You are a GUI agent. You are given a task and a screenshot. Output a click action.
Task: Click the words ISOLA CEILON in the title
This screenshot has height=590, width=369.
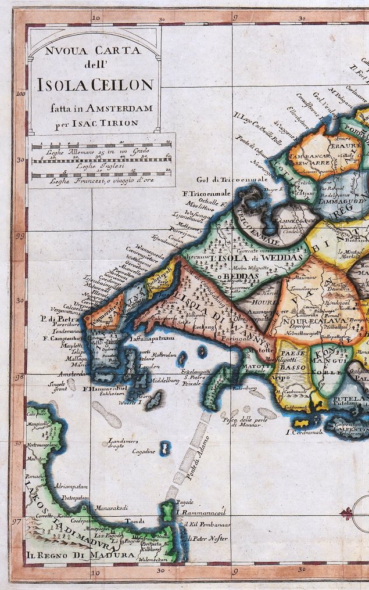[x=95, y=86]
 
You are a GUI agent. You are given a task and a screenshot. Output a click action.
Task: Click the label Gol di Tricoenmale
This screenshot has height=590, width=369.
[x=231, y=180]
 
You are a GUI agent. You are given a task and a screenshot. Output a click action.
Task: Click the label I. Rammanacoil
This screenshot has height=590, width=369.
[x=200, y=513]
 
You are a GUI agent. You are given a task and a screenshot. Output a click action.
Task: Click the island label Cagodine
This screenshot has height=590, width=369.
[x=144, y=451]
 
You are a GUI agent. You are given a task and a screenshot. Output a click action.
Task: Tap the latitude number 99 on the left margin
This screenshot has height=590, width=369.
[x=20, y=236]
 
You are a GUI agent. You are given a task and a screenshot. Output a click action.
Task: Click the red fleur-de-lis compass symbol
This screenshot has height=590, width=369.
[x=347, y=513]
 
